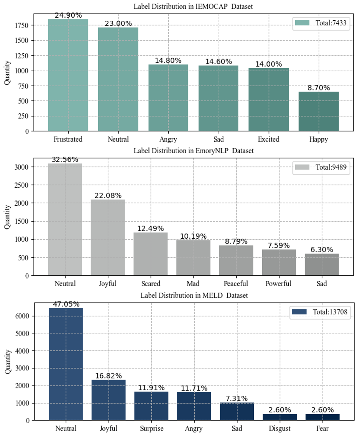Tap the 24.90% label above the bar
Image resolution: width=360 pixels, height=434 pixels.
click(68, 15)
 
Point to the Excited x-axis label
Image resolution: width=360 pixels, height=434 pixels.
click(268, 139)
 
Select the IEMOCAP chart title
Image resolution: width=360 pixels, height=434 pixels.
click(193, 7)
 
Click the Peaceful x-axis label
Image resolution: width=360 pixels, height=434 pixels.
click(236, 284)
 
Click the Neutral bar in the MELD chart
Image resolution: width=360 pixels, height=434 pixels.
click(66, 364)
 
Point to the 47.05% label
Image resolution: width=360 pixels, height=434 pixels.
click(66, 305)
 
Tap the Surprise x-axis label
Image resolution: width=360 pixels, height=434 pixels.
click(151, 428)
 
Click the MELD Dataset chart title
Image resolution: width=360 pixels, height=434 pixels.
click(194, 295)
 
